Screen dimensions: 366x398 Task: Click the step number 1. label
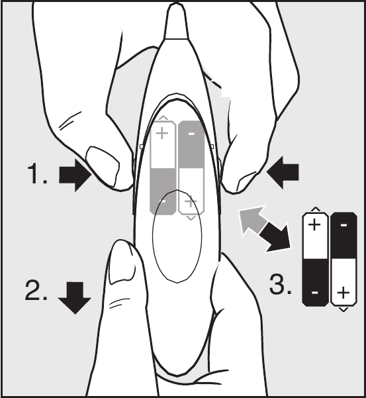(x=37, y=174)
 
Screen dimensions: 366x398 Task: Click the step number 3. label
(x=280, y=284)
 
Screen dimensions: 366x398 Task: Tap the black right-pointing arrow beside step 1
(x=75, y=175)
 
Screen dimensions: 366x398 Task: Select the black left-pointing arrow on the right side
(x=283, y=173)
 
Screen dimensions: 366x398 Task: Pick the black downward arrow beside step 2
(x=75, y=298)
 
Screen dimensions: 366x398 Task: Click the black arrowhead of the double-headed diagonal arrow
(x=277, y=238)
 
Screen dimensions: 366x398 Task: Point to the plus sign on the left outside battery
(x=314, y=224)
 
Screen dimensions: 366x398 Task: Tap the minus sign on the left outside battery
(x=315, y=293)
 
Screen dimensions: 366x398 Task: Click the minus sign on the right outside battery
(x=343, y=225)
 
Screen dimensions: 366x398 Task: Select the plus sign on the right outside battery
(x=343, y=293)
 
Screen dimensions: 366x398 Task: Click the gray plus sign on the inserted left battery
(x=162, y=133)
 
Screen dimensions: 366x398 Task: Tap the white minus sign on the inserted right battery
(x=191, y=134)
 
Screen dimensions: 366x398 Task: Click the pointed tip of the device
(x=176, y=3)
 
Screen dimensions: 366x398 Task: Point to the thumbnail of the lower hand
(x=122, y=264)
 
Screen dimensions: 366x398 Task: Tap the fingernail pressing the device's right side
(x=246, y=181)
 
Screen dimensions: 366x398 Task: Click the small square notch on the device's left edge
(x=142, y=147)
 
